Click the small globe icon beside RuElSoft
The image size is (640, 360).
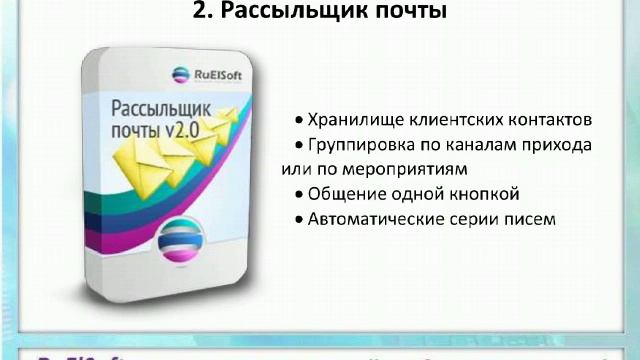(180, 72)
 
